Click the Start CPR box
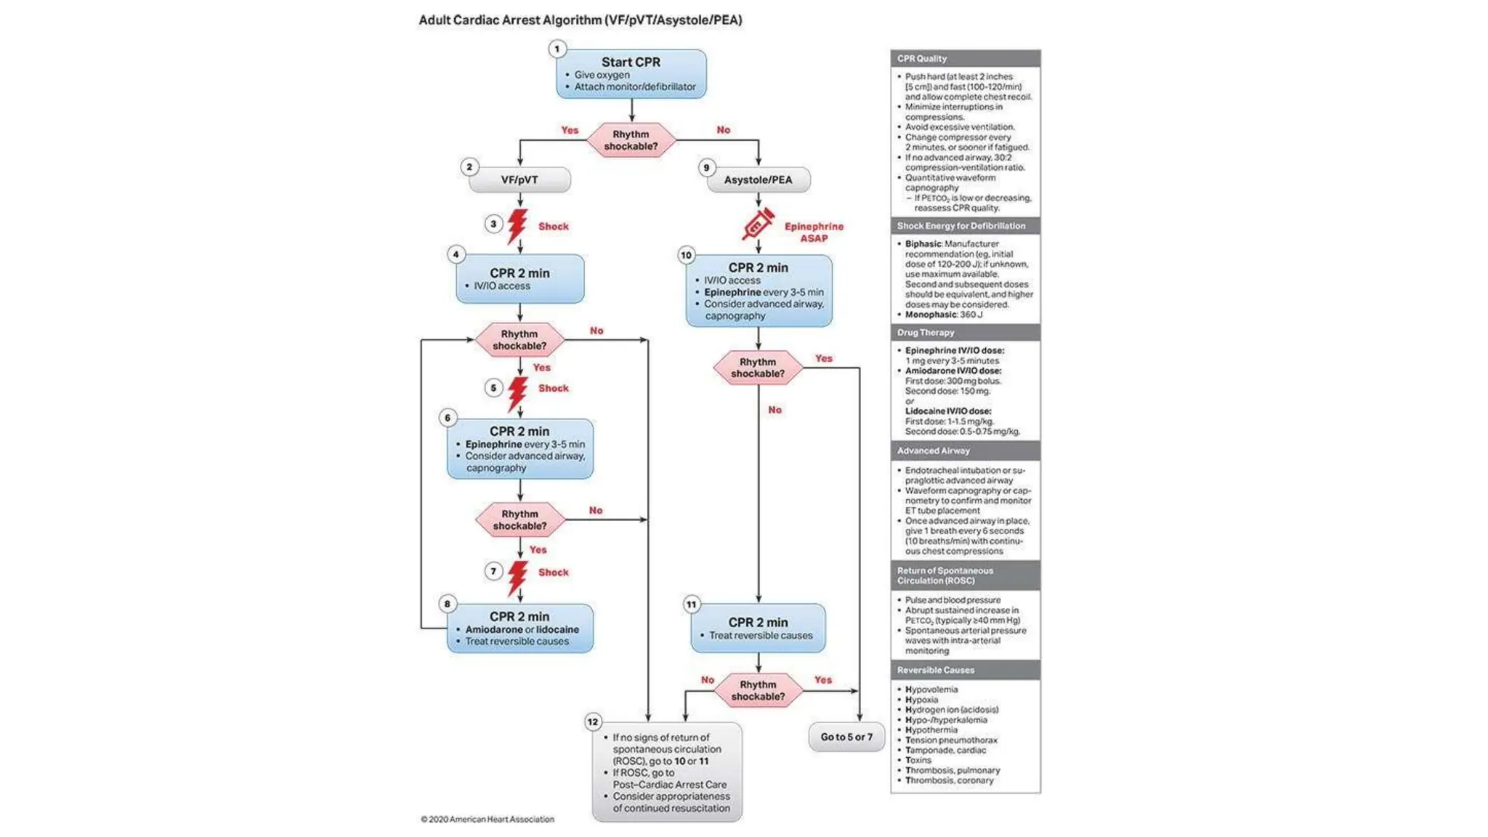point(631,73)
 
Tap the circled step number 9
point(705,168)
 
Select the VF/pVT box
point(519,179)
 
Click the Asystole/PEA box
point(758,179)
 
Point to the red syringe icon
point(757,225)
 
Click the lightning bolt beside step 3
point(517,226)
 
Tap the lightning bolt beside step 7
point(517,577)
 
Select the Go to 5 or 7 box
point(846,737)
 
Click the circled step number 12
point(593,721)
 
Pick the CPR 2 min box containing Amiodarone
point(519,628)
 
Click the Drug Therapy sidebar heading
point(925,333)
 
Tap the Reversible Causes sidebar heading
point(935,670)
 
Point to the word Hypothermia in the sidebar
point(931,730)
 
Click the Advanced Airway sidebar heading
point(933,450)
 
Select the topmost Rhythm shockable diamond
point(631,140)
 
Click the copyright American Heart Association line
point(487,819)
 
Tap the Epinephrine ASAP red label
point(814,232)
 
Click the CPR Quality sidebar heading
point(921,59)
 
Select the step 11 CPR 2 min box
point(758,628)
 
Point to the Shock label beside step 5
point(553,388)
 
